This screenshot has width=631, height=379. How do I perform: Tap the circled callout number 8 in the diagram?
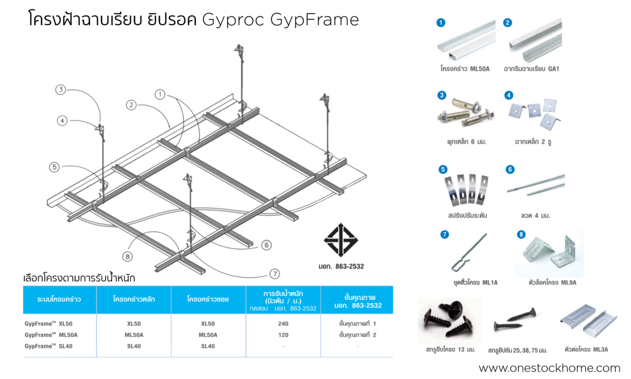click(x=128, y=256)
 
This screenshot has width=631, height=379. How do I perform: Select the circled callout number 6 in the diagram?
click(x=266, y=245)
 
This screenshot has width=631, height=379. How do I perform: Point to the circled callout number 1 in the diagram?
click(x=160, y=94)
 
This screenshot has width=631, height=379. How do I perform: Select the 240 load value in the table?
click(x=283, y=324)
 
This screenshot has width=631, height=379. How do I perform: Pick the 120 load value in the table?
click(x=283, y=335)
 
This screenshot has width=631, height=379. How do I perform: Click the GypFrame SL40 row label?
click(x=49, y=346)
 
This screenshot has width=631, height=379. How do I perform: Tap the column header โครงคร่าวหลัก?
click(x=134, y=299)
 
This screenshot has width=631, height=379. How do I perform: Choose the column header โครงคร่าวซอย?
click(x=208, y=299)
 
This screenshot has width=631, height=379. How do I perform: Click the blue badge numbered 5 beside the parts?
click(x=442, y=169)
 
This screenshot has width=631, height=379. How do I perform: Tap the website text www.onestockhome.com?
click(x=549, y=368)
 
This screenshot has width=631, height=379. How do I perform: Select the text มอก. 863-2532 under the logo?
click(x=341, y=266)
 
